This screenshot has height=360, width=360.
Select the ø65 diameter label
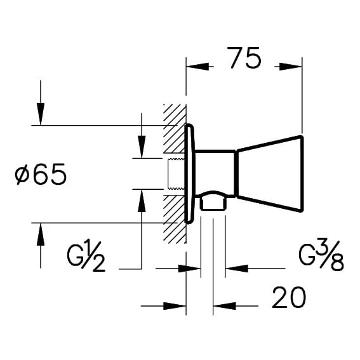click(41, 175)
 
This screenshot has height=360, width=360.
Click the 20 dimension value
click(289, 297)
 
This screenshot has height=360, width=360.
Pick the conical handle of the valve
click(270, 173)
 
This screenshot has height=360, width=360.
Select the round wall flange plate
click(189, 173)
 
